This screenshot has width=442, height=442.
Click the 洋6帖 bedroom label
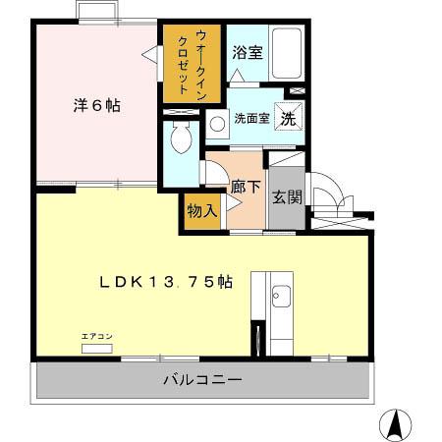[x=96, y=105]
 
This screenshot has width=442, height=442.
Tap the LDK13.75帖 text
[x=165, y=282]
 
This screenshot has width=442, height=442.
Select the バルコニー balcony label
[x=202, y=379]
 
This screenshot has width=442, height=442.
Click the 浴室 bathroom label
[x=247, y=53]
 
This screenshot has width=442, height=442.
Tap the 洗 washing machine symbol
[x=289, y=115]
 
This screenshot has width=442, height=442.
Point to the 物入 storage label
[x=201, y=211]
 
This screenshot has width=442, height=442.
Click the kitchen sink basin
[x=280, y=294]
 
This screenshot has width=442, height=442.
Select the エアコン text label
[x=96, y=337]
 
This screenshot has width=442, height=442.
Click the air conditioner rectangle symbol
[x=96, y=348]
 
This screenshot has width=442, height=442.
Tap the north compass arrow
[x=395, y=423]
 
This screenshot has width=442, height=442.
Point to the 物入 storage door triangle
[x=230, y=203]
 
